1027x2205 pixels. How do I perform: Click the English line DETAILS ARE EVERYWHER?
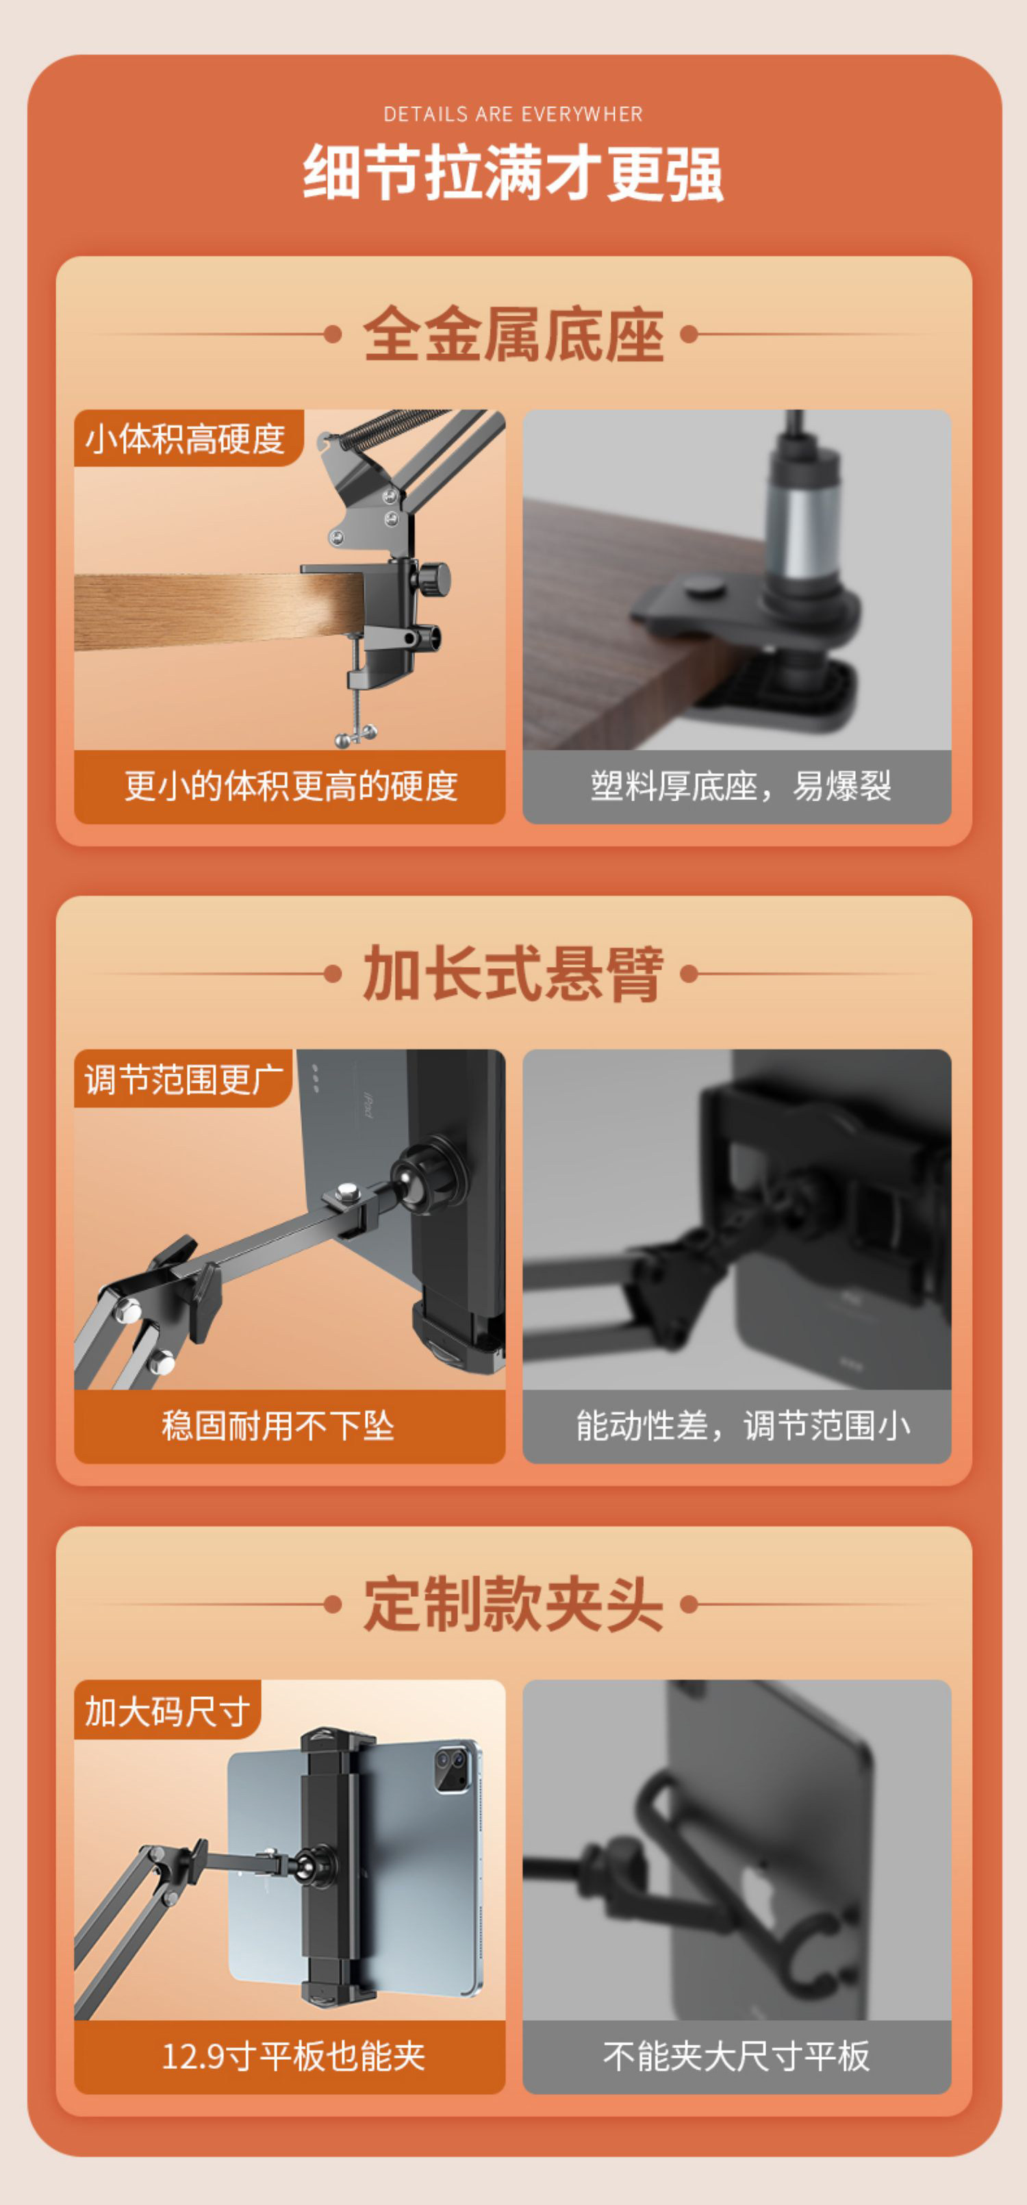(513, 114)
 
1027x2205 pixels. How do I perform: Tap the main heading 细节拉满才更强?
(513, 173)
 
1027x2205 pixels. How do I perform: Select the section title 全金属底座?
(513, 334)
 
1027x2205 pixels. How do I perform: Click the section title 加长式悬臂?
(513, 973)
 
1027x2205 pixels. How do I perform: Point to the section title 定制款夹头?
(513, 1604)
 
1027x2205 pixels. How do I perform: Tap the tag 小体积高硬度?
(185, 439)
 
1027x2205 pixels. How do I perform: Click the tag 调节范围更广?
(184, 1079)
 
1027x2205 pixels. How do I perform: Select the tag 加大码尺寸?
(168, 1711)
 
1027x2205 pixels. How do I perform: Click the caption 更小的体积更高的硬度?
(291, 786)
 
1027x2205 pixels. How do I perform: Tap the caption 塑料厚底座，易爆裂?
(741, 786)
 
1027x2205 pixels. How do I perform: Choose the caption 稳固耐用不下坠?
(278, 1426)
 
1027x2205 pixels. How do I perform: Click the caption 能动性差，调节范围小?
(743, 1426)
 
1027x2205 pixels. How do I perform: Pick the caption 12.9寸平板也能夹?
(294, 2056)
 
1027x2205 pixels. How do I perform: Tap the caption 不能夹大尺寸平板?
(737, 2056)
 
